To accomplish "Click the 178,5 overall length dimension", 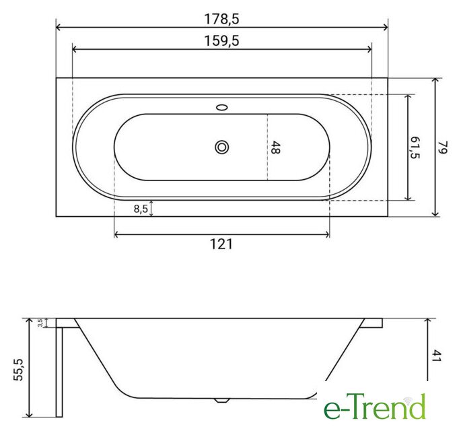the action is (x=221, y=19).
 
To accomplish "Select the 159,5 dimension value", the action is (x=221, y=41).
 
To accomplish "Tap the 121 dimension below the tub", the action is (x=221, y=244).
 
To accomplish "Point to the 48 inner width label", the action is (x=275, y=147).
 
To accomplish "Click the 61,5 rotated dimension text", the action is (x=415, y=147).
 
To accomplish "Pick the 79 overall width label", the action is (x=443, y=147).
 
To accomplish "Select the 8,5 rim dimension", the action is (x=141, y=209).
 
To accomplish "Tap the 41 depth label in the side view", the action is (x=437, y=356).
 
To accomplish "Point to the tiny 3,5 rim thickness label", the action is (x=40, y=323).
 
